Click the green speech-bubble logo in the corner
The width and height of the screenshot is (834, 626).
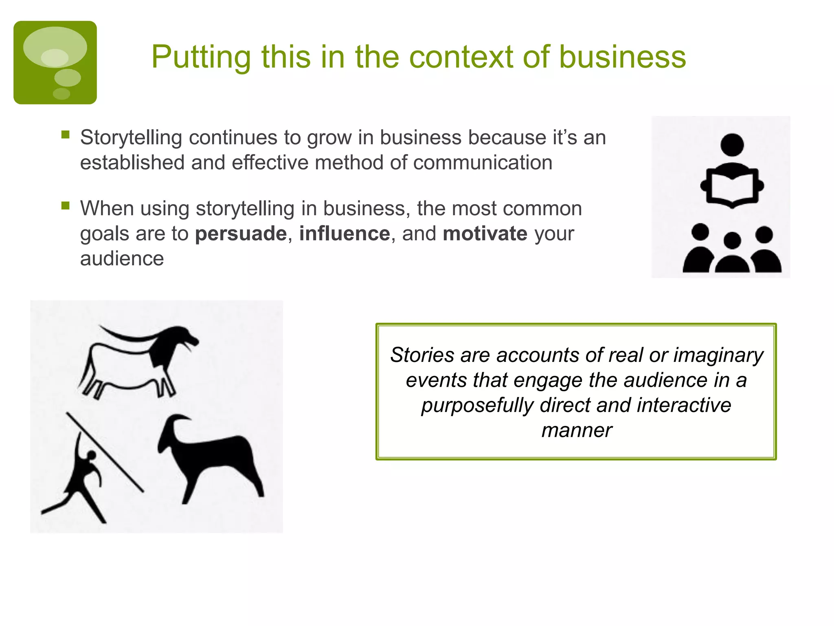pyautogui.click(x=55, y=62)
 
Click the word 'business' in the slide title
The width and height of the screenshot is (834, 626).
pyautogui.click(x=622, y=57)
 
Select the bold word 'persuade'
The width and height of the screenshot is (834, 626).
pyautogui.click(x=241, y=234)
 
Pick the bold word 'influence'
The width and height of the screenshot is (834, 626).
pyautogui.click(x=345, y=234)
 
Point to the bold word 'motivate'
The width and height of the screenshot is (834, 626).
pyautogui.click(x=485, y=234)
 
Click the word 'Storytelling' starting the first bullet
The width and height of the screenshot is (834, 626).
pyautogui.click(x=131, y=137)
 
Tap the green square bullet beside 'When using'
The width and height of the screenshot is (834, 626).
pyautogui.click(x=66, y=205)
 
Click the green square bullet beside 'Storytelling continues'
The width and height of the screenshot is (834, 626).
pyautogui.click(x=66, y=134)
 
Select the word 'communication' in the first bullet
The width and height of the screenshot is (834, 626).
pyautogui.click(x=483, y=163)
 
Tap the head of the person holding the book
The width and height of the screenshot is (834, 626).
pyautogui.click(x=732, y=145)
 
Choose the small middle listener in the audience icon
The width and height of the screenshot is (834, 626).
pyautogui.click(x=732, y=255)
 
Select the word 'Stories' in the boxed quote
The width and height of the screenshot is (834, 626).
pyautogui.click(x=422, y=355)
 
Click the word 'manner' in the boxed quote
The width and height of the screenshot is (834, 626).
pyautogui.click(x=577, y=430)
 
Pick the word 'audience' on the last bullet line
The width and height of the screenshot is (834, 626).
pyautogui.click(x=122, y=259)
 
